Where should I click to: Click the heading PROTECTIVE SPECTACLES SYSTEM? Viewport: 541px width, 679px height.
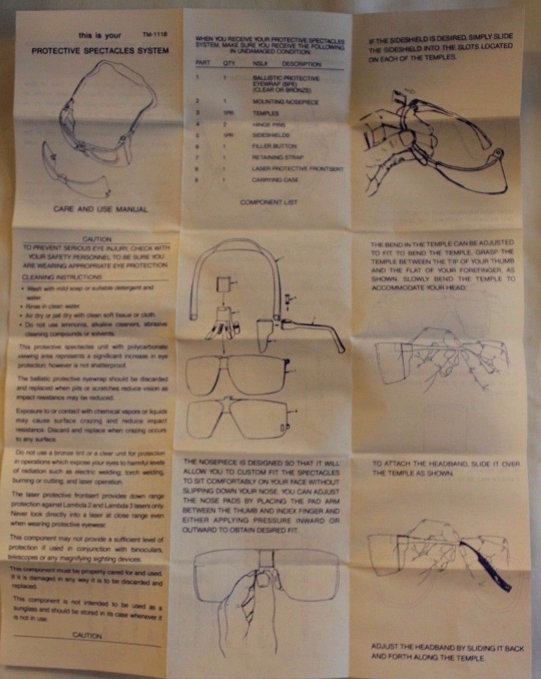tap(99, 50)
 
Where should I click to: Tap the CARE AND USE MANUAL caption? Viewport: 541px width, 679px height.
tap(100, 209)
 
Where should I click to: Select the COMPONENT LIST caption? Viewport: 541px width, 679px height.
tap(269, 201)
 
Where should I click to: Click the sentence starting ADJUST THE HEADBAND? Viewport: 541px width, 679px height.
tap(447, 652)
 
